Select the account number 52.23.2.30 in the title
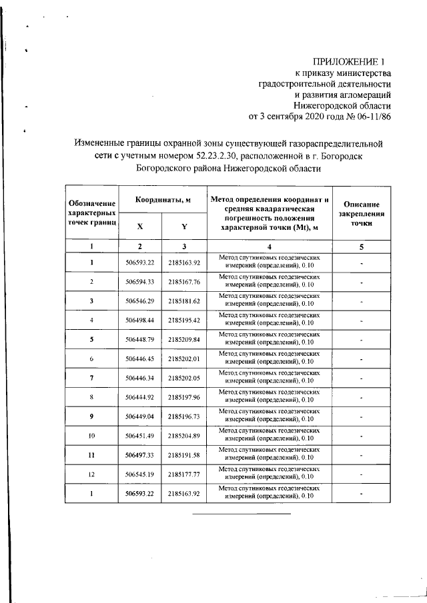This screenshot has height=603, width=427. point(219,156)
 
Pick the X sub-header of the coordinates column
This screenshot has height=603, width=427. point(139,226)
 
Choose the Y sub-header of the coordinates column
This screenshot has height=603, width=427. point(183,226)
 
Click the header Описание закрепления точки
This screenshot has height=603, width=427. point(361,214)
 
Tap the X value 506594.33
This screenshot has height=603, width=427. point(140,282)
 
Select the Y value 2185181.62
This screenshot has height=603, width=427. point(184,301)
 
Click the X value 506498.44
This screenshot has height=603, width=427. point(140,320)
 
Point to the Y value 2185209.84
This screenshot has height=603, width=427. point(184,340)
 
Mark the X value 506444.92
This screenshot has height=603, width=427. point(140,398)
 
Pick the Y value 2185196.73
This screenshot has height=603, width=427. point(184,417)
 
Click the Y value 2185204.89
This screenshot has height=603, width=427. point(184,436)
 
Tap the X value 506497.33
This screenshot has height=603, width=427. point(140,456)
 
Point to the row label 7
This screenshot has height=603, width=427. point(92,378)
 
